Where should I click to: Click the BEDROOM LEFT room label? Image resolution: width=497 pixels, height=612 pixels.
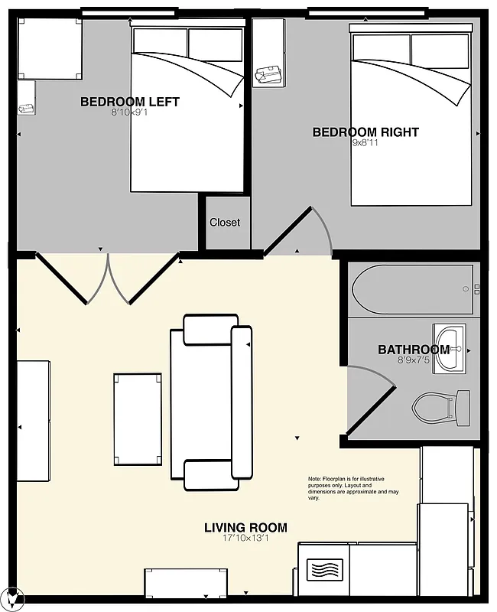[129, 102]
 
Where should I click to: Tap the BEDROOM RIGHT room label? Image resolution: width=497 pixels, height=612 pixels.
[365, 132]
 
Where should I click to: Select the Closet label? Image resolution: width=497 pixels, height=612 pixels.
[225, 223]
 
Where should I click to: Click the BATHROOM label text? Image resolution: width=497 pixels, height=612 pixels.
[413, 350]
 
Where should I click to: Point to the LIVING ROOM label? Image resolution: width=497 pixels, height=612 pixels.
[245, 527]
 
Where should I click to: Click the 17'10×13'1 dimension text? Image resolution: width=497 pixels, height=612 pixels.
[245, 539]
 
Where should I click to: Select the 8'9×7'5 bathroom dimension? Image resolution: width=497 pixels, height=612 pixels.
[413, 360]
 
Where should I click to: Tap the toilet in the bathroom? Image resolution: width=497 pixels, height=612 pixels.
[440, 408]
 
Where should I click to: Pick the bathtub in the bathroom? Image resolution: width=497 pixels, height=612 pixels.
[413, 288]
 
